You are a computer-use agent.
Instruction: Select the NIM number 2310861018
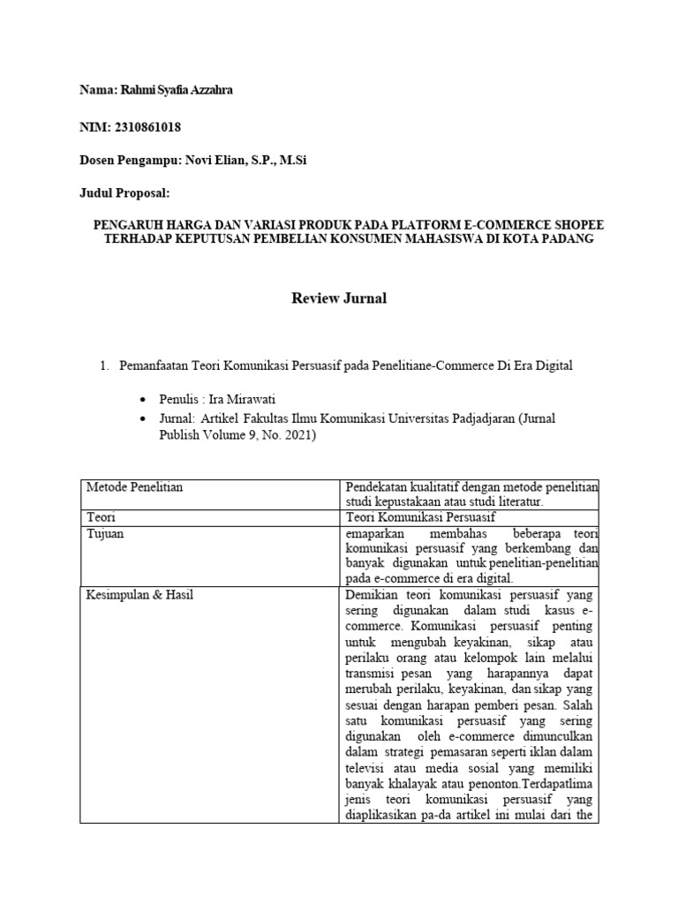147,127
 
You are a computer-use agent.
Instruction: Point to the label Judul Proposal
124,192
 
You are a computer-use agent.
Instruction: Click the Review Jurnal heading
339,298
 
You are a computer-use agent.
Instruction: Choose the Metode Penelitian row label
134,487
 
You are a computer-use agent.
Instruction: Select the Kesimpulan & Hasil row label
139,595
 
